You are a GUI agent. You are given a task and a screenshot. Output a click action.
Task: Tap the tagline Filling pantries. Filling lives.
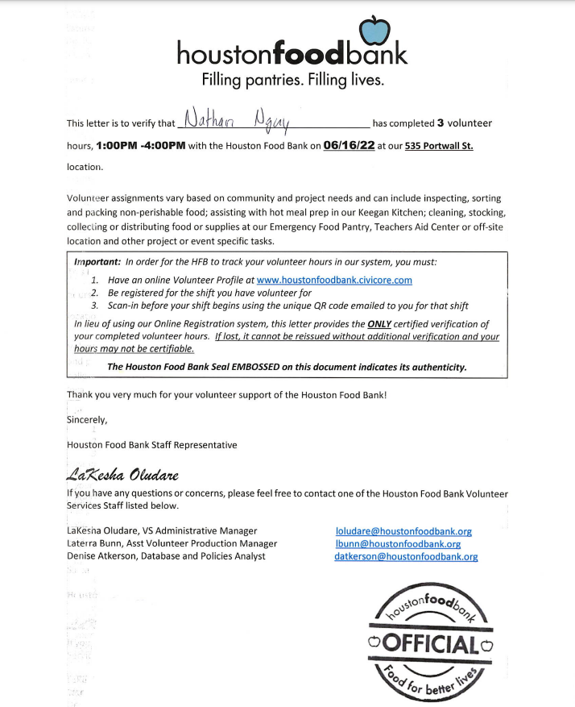pos(292,81)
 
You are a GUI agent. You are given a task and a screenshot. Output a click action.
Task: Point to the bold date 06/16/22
pos(349,146)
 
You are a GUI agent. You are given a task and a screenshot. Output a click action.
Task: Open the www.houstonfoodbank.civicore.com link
pos(334,280)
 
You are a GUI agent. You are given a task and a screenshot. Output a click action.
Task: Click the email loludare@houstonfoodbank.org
pos(403,531)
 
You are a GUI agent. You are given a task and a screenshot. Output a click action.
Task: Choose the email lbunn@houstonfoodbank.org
pos(398,544)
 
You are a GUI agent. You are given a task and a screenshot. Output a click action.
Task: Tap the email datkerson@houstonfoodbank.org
pos(406,557)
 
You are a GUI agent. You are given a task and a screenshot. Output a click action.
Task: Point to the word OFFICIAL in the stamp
pos(431,643)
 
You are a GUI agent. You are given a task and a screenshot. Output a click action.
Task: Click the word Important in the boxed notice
pos(97,263)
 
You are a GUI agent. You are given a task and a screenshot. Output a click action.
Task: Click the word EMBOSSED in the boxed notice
pos(258,367)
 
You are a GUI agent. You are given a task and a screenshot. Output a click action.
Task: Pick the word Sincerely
pos(87,420)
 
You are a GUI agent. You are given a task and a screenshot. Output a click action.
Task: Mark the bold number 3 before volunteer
pos(441,123)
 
